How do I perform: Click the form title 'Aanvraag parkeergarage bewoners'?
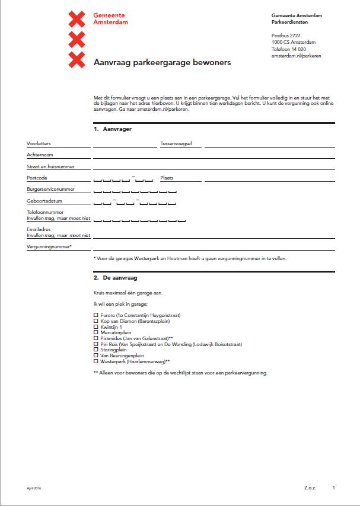pos(163,62)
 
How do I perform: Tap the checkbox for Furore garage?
pos(96,315)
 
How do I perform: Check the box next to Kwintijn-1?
pos(96,326)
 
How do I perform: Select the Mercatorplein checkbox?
pos(96,332)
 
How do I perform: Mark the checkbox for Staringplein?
pos(96,350)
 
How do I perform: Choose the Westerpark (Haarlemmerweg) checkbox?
pos(96,361)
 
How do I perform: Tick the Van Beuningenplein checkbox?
pos(96,356)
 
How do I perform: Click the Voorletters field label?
pos(39,143)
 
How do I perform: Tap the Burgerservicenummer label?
pos(50,190)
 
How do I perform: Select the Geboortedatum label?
pos(43,201)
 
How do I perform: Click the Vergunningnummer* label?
pos(49,246)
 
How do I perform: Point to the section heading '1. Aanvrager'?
pos(113,129)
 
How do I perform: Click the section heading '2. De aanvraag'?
pos(116,277)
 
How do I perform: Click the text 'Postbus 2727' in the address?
pos(286,36)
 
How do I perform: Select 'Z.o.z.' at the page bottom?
pos(310,488)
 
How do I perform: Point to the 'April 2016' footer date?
pos(34,488)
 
